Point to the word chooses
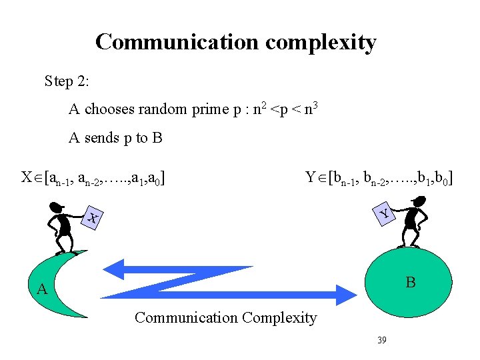[x=108, y=109]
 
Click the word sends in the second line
[x=102, y=139]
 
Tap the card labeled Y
[x=383, y=213]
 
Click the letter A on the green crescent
[x=42, y=289]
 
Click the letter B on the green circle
[x=411, y=283]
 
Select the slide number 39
[x=382, y=340]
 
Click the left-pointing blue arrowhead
[x=116, y=269]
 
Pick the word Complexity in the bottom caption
[x=279, y=318]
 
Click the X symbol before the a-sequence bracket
[x=27, y=178]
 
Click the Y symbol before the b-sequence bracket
[x=311, y=178]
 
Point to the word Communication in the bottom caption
[x=186, y=318]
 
